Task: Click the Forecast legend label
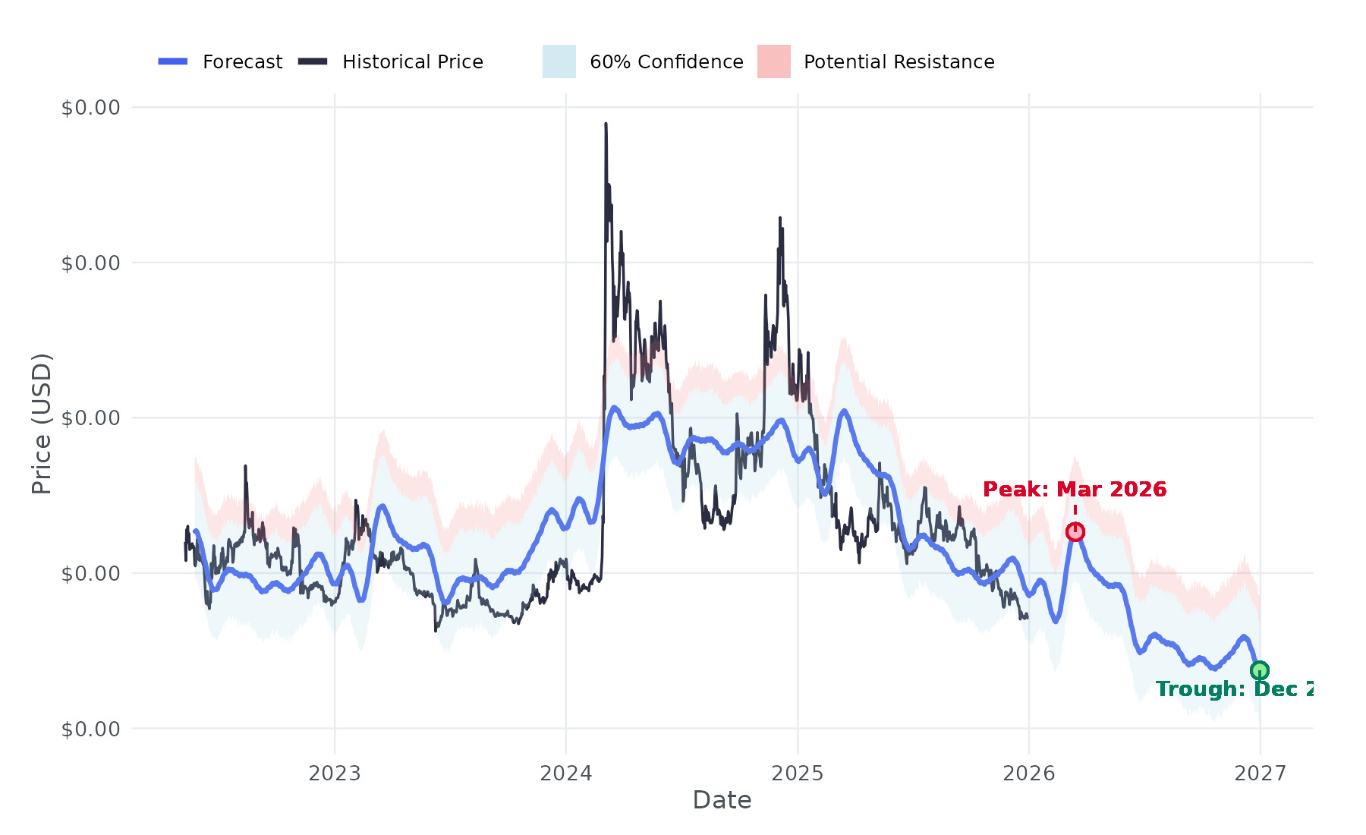(x=242, y=61)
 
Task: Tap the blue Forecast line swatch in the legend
(x=173, y=61)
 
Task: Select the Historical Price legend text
(x=412, y=61)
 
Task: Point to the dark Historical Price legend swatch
(x=313, y=61)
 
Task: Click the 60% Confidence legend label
(x=666, y=61)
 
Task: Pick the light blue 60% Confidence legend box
(x=559, y=61)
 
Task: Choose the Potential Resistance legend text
(x=899, y=61)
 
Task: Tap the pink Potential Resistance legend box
(x=773, y=61)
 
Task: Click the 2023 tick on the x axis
(x=335, y=774)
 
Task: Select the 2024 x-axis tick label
(x=566, y=774)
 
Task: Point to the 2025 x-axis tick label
(x=798, y=774)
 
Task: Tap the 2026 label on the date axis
(x=1029, y=774)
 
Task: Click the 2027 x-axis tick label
(x=1261, y=774)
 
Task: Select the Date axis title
(x=722, y=800)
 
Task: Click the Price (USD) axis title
(x=42, y=424)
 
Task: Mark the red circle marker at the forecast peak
(x=1075, y=532)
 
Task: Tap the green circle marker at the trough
(x=1260, y=670)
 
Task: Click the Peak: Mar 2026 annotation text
(x=1075, y=490)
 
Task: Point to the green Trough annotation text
(x=1234, y=689)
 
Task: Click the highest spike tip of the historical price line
(x=606, y=124)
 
